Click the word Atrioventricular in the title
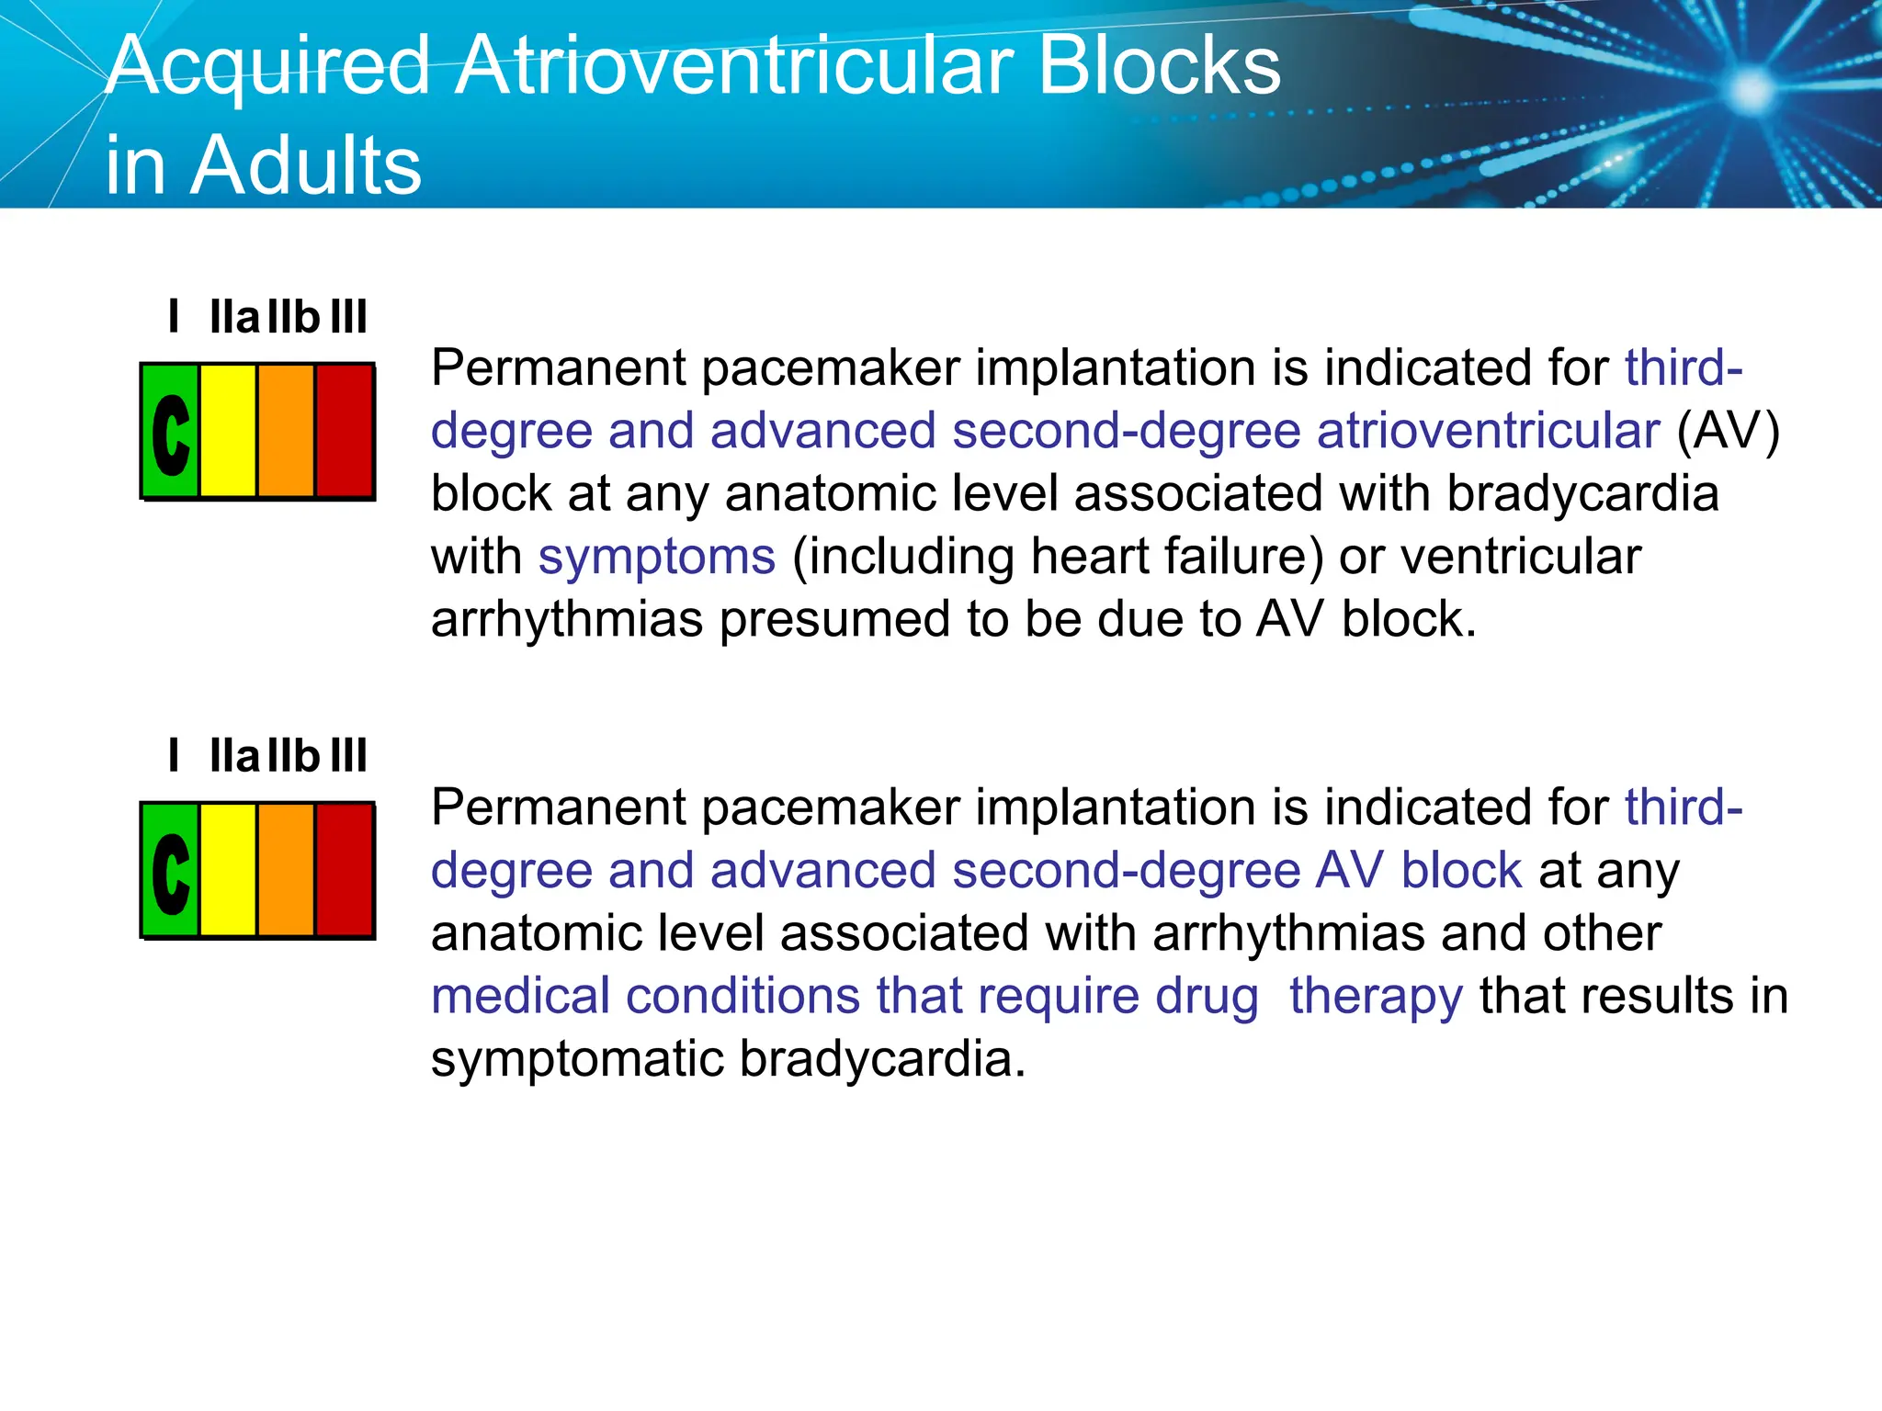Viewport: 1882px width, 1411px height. tap(735, 66)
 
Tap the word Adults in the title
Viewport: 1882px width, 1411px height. tap(305, 165)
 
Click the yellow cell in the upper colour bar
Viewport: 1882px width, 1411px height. tap(228, 431)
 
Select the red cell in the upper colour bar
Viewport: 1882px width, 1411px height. tap(345, 431)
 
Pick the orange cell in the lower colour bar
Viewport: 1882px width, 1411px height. tap(286, 870)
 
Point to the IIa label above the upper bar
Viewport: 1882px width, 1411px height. tap(234, 318)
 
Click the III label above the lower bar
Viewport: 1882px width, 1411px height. tap(348, 757)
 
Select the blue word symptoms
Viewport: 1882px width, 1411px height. tap(657, 557)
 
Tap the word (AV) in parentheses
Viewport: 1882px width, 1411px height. tap(1729, 431)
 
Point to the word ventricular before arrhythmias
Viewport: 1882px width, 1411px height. tap(1521, 557)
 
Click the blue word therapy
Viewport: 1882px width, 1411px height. tap(1376, 996)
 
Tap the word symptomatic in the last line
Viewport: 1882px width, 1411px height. tap(578, 1059)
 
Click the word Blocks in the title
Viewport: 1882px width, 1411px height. tap(1159, 66)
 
